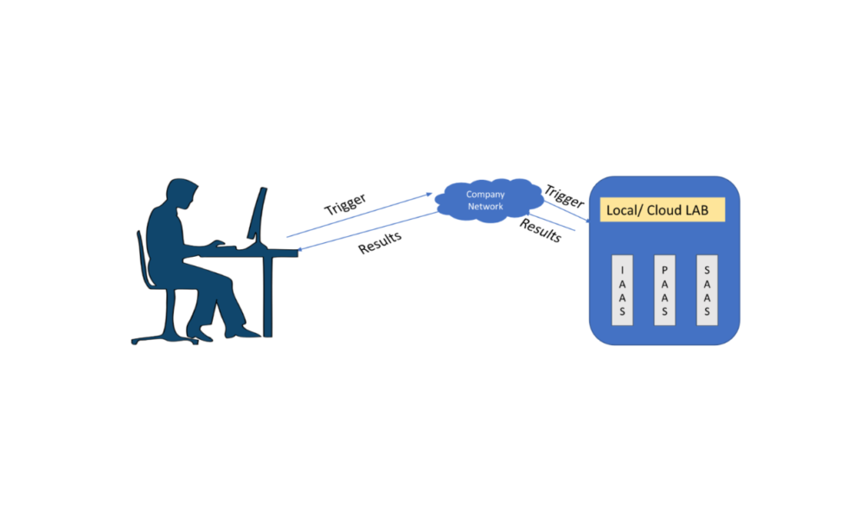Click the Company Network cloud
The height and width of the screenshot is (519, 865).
tap(484, 201)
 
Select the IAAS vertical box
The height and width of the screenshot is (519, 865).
tap(623, 290)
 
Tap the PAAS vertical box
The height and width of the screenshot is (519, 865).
tap(664, 290)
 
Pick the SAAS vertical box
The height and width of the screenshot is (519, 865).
tap(707, 290)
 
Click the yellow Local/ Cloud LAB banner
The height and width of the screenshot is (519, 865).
tap(663, 210)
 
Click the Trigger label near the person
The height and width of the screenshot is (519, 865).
tap(345, 204)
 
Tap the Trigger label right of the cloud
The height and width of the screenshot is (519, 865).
tap(565, 196)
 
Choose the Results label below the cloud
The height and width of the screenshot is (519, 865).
tap(541, 230)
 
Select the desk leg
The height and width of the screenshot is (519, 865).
tap(268, 294)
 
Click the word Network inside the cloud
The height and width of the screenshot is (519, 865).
tap(485, 207)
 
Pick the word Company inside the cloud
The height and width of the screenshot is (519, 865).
tap(485, 195)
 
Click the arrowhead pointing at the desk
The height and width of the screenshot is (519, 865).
tap(299, 253)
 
